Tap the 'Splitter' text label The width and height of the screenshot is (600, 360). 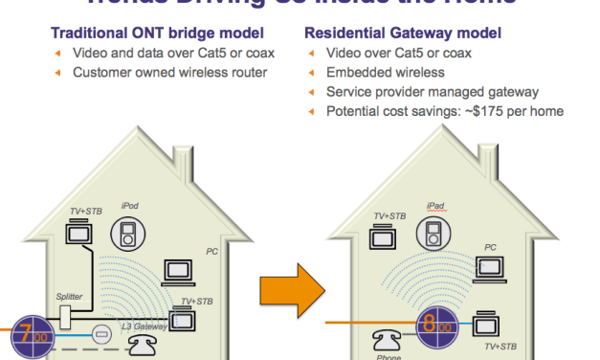point(69,297)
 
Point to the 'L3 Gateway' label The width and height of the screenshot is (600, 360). point(144,326)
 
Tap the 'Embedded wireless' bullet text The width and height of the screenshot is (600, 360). point(384,73)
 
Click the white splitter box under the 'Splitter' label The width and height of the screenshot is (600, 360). point(66,317)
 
